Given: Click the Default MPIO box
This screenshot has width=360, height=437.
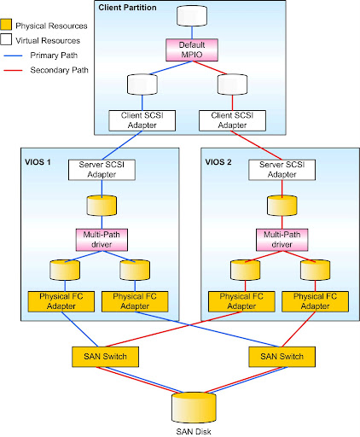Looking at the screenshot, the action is coord(192,50).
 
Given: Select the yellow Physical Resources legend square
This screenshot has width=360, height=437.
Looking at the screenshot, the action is coord(6,25).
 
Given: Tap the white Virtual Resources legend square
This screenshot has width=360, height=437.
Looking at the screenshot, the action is coord(6,39).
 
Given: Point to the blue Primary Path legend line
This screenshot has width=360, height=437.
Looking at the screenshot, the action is coord(13,55).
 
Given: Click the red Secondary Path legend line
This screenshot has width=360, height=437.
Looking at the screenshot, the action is coord(13,70).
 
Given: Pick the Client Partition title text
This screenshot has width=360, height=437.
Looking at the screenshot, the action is coord(127,8).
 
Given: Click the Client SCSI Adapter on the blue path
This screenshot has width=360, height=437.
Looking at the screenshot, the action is coord(142,120).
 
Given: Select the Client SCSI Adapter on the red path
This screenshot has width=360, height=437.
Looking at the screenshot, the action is coord(232,120).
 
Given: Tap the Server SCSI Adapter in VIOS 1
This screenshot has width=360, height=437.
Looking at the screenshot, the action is coord(102,170).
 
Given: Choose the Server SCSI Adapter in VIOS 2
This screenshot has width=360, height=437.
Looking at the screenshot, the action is coord(282,170).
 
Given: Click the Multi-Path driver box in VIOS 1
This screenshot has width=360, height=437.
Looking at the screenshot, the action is coord(102,240).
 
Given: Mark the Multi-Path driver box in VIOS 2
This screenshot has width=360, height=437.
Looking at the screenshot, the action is coord(282,240).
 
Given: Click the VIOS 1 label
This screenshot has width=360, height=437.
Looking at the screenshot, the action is coord(38,162).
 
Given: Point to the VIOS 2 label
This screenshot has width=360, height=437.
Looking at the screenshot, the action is coord(218,162).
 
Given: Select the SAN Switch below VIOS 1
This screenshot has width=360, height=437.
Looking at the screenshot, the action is coord(105,357).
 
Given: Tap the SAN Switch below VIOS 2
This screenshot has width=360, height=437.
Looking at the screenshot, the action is coord(282,357).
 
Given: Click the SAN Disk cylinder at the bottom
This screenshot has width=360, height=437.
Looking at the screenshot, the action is coord(194,407).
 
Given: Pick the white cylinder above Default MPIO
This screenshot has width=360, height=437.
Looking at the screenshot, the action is coord(192,16).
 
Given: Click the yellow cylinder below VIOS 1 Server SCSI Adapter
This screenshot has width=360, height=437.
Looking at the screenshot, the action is coord(102,205).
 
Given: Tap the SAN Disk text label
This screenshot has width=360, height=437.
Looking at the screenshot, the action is coord(194,432).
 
